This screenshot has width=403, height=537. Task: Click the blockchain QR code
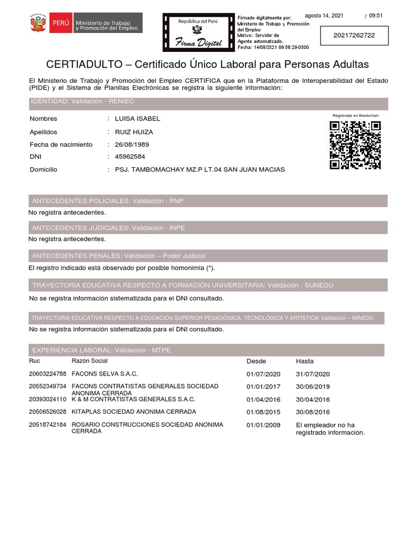355,145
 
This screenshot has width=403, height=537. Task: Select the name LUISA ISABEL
137,119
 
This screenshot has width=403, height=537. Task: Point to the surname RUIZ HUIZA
134,132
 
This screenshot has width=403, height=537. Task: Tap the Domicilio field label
44,170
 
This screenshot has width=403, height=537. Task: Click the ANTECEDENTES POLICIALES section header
108,201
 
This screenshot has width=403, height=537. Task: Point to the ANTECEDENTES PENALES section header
119,255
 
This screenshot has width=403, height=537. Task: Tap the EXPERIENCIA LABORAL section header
101,350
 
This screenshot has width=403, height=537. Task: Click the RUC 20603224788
48,374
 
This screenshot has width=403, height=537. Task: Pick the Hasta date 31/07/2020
313,374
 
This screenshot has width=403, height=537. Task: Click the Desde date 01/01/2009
263,425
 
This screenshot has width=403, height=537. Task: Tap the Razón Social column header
90,361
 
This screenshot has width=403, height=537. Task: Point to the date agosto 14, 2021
324,16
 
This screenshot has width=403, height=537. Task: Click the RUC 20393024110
48,399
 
